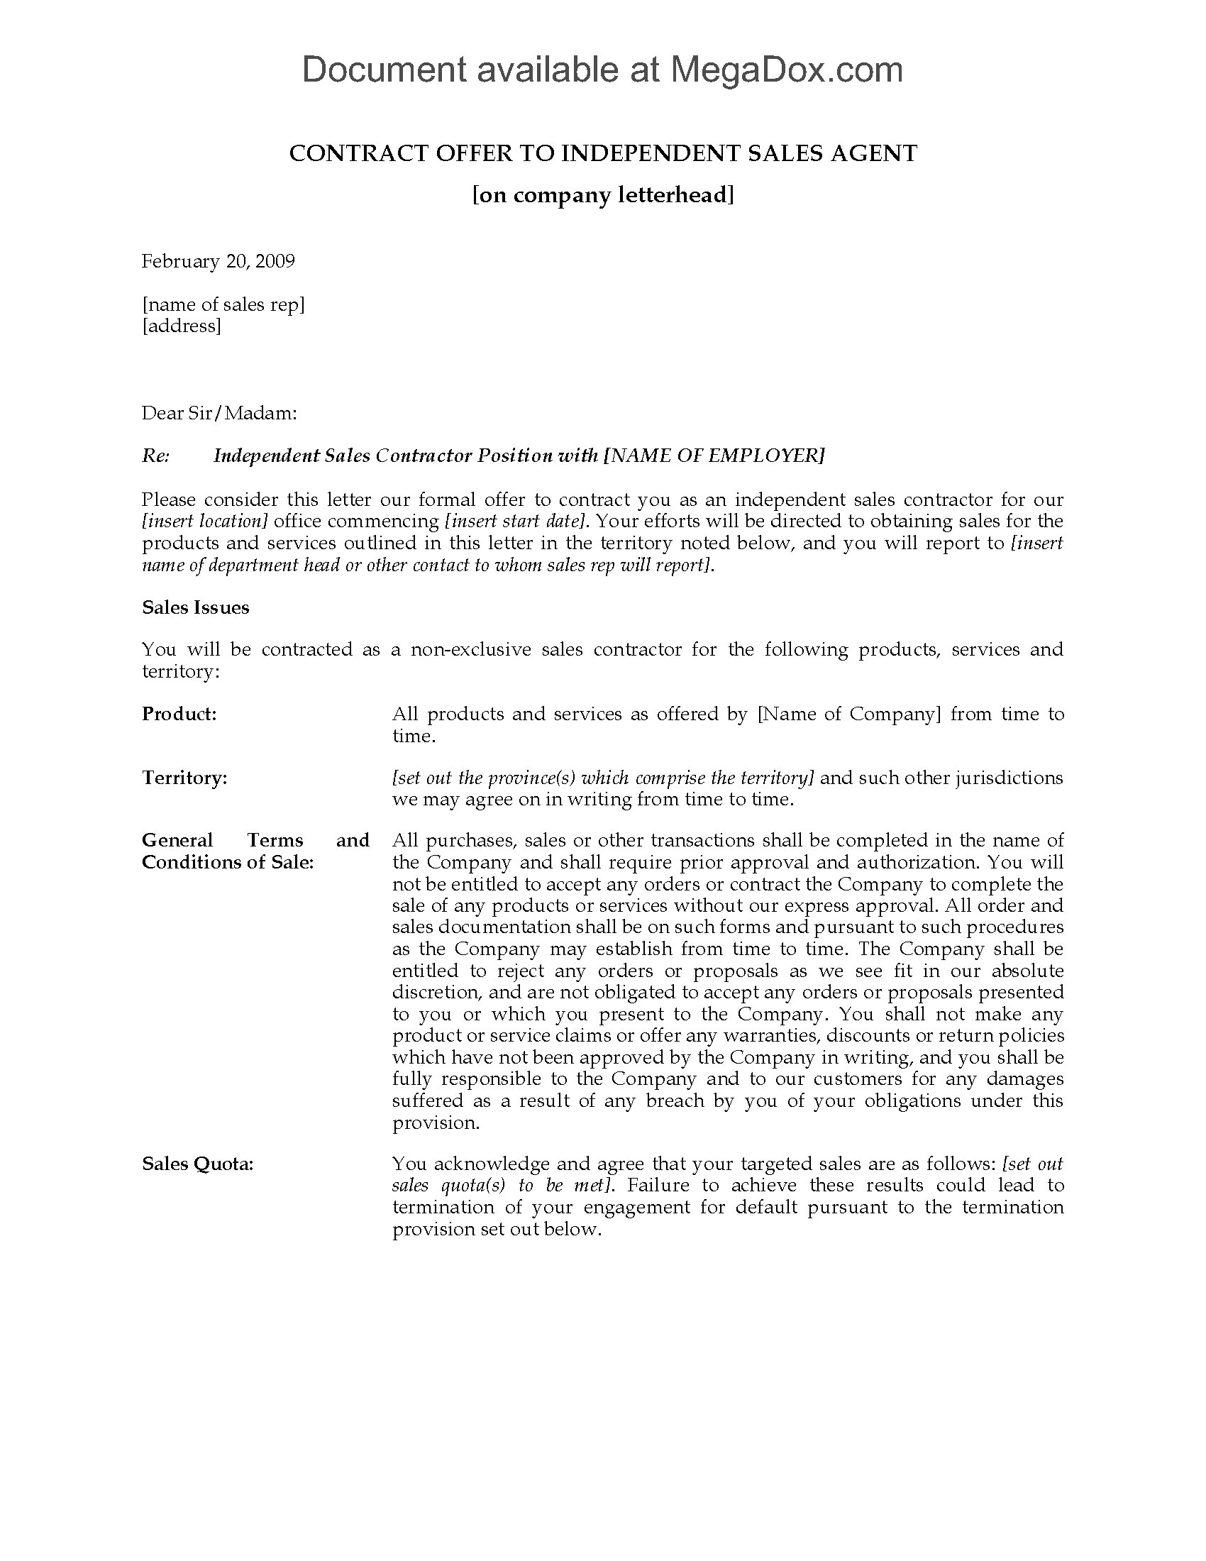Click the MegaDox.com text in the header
point(786,70)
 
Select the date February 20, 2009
point(218,261)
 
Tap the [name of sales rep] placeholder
point(223,304)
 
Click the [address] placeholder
point(182,326)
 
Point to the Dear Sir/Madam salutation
point(218,413)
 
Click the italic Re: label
point(156,456)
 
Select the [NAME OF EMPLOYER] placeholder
point(714,456)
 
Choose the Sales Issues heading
point(195,607)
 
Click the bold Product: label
point(179,714)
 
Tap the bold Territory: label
point(184,778)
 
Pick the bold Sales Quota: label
point(197,1164)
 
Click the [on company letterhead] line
point(603,195)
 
